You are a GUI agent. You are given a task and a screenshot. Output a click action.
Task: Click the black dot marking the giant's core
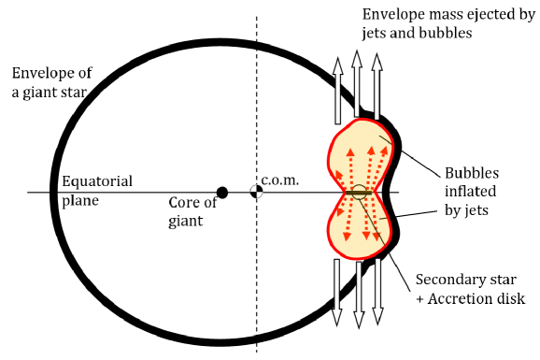[x=221, y=193]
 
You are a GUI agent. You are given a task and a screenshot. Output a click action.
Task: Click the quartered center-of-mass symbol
[x=256, y=193]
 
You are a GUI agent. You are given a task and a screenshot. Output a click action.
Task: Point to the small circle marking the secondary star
[x=359, y=193]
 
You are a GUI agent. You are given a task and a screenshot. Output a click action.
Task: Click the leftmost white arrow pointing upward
[x=337, y=94]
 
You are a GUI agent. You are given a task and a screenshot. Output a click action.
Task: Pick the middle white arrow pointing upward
[x=357, y=84]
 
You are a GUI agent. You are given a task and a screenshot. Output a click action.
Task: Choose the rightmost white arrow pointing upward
[x=377, y=89]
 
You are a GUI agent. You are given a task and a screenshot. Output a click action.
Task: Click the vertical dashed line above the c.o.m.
[x=256, y=94]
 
